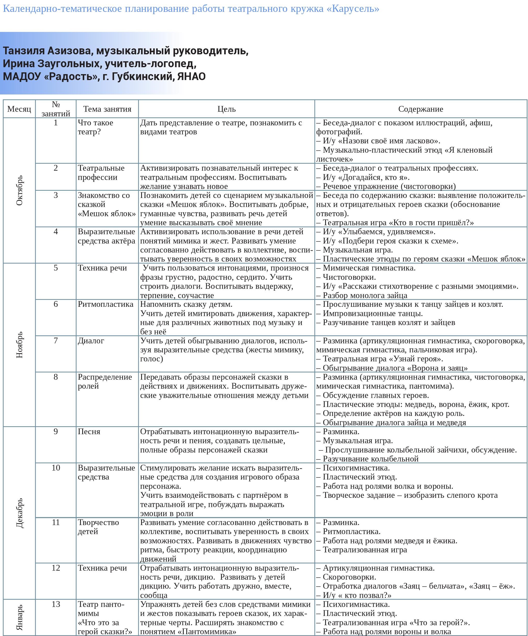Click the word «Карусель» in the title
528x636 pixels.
click(x=353, y=9)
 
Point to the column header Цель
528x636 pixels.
click(x=226, y=109)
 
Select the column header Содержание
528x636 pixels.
click(x=420, y=109)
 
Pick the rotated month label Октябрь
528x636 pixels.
click(x=19, y=190)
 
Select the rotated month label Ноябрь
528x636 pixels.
click(x=19, y=345)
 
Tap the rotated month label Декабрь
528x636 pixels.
click(x=19, y=513)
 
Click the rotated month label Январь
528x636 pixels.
click(x=19, y=617)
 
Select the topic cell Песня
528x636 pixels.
click(x=89, y=432)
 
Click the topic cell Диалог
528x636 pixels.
click(x=91, y=341)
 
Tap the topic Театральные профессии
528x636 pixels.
click(x=101, y=173)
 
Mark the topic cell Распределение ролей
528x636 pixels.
click(x=105, y=382)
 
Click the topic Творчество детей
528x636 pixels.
click(x=98, y=527)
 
